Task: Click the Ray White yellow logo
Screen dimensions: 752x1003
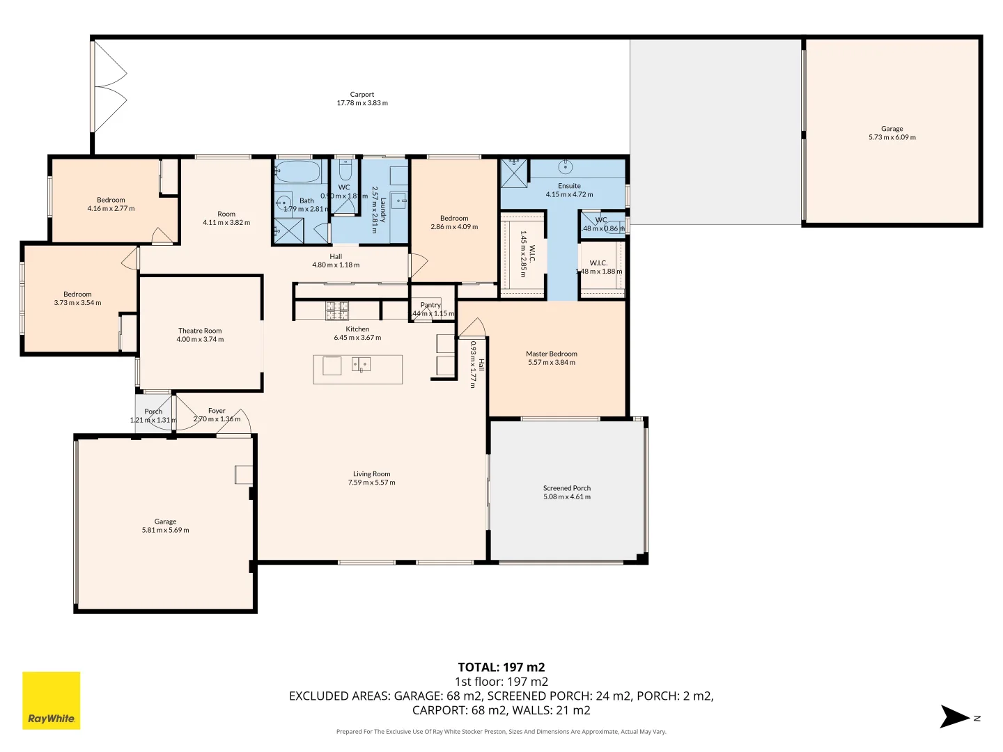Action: point(52,700)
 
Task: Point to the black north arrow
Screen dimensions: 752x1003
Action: point(954,717)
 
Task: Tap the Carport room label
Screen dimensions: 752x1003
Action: point(362,95)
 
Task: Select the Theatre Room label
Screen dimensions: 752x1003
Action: point(200,331)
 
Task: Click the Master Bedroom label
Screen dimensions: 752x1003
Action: point(552,354)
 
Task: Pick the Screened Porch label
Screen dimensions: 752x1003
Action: point(567,488)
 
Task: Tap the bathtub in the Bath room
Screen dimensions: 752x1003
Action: point(297,171)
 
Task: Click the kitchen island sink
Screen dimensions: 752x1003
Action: point(361,364)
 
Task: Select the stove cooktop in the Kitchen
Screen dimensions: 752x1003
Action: point(337,311)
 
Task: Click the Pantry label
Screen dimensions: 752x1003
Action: point(430,305)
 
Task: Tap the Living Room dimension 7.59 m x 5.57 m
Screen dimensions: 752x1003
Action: point(372,483)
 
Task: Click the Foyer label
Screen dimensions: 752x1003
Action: point(217,411)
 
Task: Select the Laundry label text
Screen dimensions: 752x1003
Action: point(382,209)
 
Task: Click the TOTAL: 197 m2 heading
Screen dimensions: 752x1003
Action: point(501,667)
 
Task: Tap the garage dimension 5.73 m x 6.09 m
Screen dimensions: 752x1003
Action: point(892,137)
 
